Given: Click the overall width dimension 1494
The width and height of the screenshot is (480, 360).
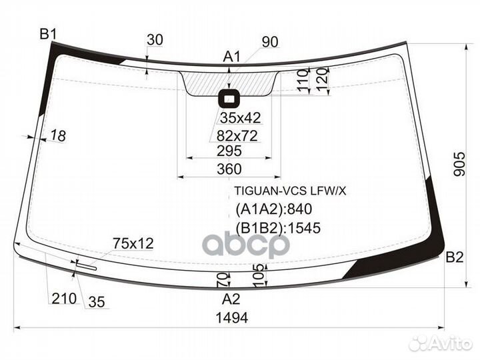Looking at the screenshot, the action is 232,318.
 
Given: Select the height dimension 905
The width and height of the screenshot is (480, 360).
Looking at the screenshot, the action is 459,164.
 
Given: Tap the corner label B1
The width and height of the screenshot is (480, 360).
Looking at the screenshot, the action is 48,34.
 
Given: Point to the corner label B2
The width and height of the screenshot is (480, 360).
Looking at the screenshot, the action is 454,257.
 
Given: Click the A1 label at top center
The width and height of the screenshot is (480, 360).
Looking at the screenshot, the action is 232,57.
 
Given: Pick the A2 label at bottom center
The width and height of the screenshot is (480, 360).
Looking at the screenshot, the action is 231,299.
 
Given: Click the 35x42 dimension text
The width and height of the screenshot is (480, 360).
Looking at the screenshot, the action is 240,118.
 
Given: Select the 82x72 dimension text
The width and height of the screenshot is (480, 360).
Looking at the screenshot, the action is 237,136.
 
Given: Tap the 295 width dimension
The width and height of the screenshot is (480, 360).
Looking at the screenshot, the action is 229,151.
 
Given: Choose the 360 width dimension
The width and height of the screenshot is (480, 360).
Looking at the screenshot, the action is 229,169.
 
